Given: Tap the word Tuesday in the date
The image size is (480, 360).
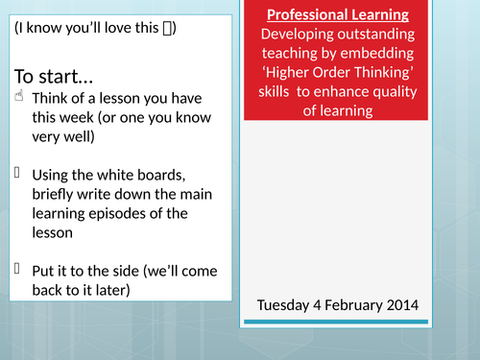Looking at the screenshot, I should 286,306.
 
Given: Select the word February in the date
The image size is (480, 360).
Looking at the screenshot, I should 367,306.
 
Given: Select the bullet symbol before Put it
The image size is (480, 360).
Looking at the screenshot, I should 17,270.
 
